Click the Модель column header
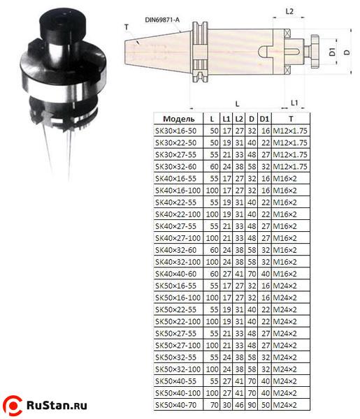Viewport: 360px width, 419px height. point(179,119)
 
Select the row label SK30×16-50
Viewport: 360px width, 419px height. point(175,131)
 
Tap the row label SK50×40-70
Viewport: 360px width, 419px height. point(175,405)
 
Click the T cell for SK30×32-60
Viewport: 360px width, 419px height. point(290,167)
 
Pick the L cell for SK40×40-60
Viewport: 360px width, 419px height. point(214,274)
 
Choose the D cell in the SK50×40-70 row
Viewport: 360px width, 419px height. point(252,405)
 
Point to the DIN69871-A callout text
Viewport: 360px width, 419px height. point(162,20)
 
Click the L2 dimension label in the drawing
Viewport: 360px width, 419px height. point(289,11)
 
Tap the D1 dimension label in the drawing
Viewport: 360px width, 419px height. point(332,52)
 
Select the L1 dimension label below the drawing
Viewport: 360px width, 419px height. point(294,103)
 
